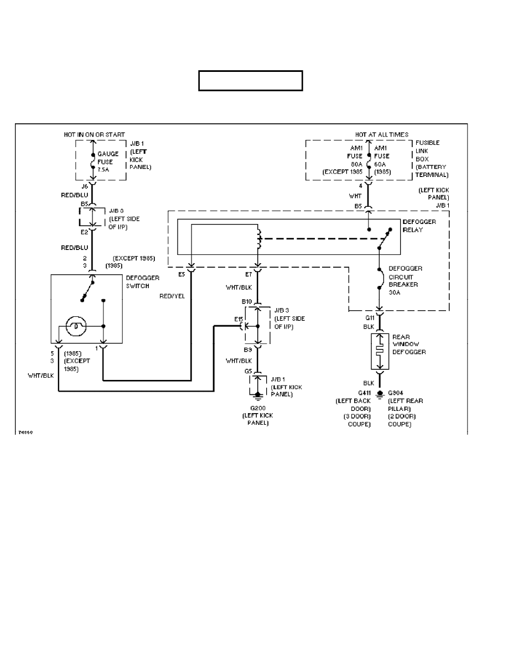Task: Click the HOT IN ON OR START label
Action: (94, 134)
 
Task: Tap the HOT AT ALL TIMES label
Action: (382, 134)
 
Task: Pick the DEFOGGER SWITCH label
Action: (143, 281)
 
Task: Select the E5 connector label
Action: (182, 273)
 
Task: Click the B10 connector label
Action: (247, 301)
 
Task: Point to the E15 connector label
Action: (238, 320)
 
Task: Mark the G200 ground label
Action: (258, 408)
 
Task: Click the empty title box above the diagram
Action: (251, 80)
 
